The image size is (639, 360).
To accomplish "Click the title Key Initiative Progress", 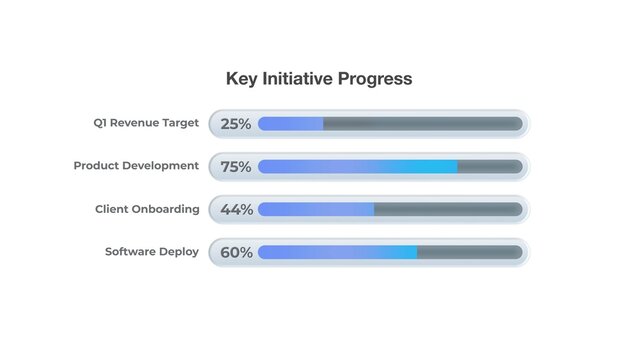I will tap(319, 78).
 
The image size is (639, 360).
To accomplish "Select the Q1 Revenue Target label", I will tap(146, 123).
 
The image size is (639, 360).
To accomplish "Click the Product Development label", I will tap(136, 166).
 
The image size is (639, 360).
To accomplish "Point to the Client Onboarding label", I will tap(147, 209).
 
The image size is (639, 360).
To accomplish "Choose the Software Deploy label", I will tap(152, 252).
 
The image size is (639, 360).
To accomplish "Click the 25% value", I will tap(236, 124).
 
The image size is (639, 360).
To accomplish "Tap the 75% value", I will tap(236, 167).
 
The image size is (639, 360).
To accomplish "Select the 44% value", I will tap(236, 210).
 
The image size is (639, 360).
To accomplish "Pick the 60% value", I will tap(236, 253).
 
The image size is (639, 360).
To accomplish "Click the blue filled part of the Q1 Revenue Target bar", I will tap(290, 124).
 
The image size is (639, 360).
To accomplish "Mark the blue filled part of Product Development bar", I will tap(357, 167).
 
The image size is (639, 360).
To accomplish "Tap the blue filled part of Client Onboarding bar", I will tap(316, 210).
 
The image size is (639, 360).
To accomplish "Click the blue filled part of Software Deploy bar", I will tap(337, 253).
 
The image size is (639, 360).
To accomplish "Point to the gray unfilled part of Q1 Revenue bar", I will tap(422, 124).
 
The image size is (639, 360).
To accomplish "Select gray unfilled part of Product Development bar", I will tap(490, 167).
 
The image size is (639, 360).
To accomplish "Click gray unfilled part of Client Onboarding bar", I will tap(448, 210).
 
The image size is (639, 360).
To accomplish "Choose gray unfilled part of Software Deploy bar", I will tap(469, 253).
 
